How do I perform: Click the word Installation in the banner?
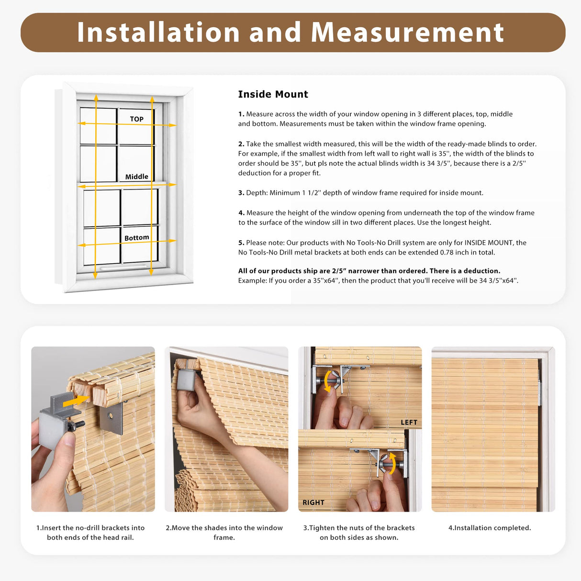[158, 33]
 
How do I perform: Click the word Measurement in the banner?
[407, 33]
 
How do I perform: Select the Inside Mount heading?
[273, 94]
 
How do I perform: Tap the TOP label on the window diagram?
[136, 119]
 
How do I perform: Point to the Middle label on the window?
[136, 177]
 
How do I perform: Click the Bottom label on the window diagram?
[136, 238]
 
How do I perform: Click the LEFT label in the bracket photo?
[409, 422]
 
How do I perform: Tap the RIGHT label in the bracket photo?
[313, 503]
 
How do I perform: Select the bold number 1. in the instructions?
[241, 114]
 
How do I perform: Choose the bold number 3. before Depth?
[241, 193]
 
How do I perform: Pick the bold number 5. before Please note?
[241, 243]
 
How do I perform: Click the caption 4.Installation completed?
[490, 528]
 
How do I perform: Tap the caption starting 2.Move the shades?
[224, 532]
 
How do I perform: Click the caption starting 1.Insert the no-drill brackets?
[90, 532]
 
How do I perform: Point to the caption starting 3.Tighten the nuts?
[359, 532]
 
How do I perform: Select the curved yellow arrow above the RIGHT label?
[392, 463]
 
